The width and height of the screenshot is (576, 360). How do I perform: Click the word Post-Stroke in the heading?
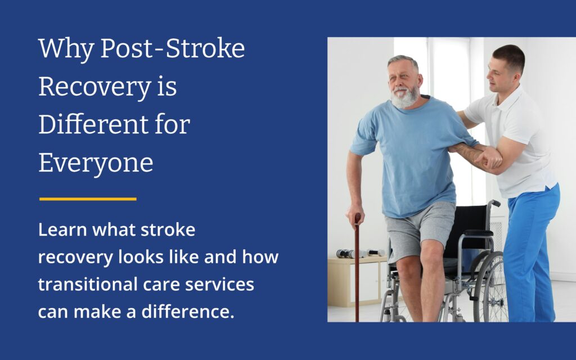tap(172, 50)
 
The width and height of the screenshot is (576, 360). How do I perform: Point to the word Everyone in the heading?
tap(96, 163)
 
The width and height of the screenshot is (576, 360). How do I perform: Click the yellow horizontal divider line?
tap(88, 199)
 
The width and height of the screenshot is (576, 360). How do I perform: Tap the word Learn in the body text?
tap(58, 230)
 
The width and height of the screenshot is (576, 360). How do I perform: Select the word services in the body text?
tap(222, 285)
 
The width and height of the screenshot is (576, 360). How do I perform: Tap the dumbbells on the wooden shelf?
tap(360, 253)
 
